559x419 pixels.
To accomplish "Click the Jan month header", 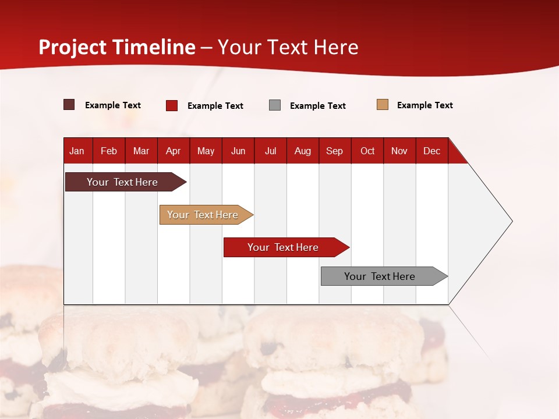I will coord(77,151).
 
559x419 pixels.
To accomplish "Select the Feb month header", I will coord(109,151).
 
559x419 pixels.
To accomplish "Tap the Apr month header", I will coord(173,151).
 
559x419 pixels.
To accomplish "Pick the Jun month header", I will coord(238,151).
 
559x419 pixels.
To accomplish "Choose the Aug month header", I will coord(303,151).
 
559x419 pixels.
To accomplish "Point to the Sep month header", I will coord(335,151).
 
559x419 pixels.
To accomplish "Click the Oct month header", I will coord(367,151).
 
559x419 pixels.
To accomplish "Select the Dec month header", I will coord(431,151).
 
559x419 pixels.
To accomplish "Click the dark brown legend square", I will coord(69,105).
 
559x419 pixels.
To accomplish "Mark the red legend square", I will coord(172,105).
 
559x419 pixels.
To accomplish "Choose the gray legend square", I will coord(275,105).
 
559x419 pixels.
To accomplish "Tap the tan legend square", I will coord(383,105).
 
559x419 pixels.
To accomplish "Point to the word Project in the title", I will coord(73,47).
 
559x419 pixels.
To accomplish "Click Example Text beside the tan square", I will coord(424,105).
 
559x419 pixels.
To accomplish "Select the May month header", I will coord(206,151).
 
